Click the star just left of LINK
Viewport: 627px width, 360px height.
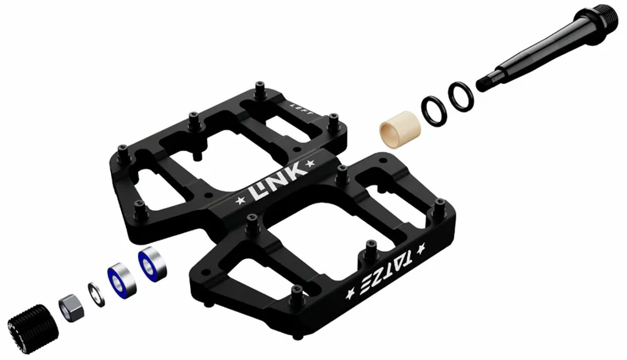point(238,202)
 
